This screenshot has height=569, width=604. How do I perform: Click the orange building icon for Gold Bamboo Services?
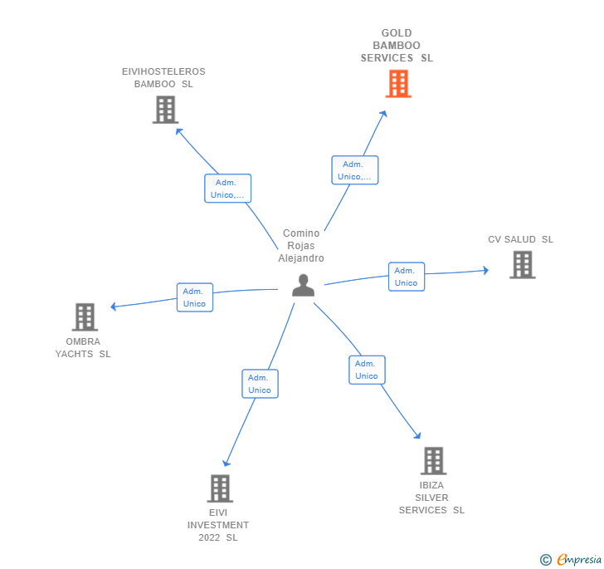(x=398, y=84)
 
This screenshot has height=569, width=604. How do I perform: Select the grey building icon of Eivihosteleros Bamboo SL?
(x=165, y=110)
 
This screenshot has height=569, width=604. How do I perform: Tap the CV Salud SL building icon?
(x=523, y=265)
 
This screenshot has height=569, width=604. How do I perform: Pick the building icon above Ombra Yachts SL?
(x=85, y=317)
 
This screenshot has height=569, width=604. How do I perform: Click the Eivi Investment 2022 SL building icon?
(x=220, y=488)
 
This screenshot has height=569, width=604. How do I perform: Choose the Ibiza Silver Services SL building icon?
(x=433, y=461)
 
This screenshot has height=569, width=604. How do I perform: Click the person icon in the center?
(x=303, y=285)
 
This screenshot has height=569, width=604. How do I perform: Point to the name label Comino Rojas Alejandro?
(x=301, y=246)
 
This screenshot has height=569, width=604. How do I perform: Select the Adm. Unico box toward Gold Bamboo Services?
(x=355, y=170)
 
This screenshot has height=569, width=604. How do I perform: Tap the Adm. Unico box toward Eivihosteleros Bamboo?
(x=227, y=189)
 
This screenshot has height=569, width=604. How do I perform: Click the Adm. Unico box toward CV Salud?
(x=407, y=277)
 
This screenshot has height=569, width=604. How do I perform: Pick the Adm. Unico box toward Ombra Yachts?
(x=195, y=297)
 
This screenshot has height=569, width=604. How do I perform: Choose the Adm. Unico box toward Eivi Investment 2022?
(x=260, y=384)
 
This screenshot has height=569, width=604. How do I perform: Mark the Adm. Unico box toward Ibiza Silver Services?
(x=367, y=370)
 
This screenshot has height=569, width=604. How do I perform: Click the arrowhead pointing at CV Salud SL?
(x=486, y=271)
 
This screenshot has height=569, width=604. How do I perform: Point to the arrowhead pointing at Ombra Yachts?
(x=113, y=307)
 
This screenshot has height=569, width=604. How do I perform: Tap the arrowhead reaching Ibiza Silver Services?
(x=417, y=435)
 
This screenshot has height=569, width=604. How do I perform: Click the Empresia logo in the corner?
(x=571, y=559)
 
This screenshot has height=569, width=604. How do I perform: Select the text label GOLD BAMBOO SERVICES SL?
(x=397, y=46)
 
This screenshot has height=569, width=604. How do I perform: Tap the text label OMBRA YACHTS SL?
(x=83, y=347)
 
